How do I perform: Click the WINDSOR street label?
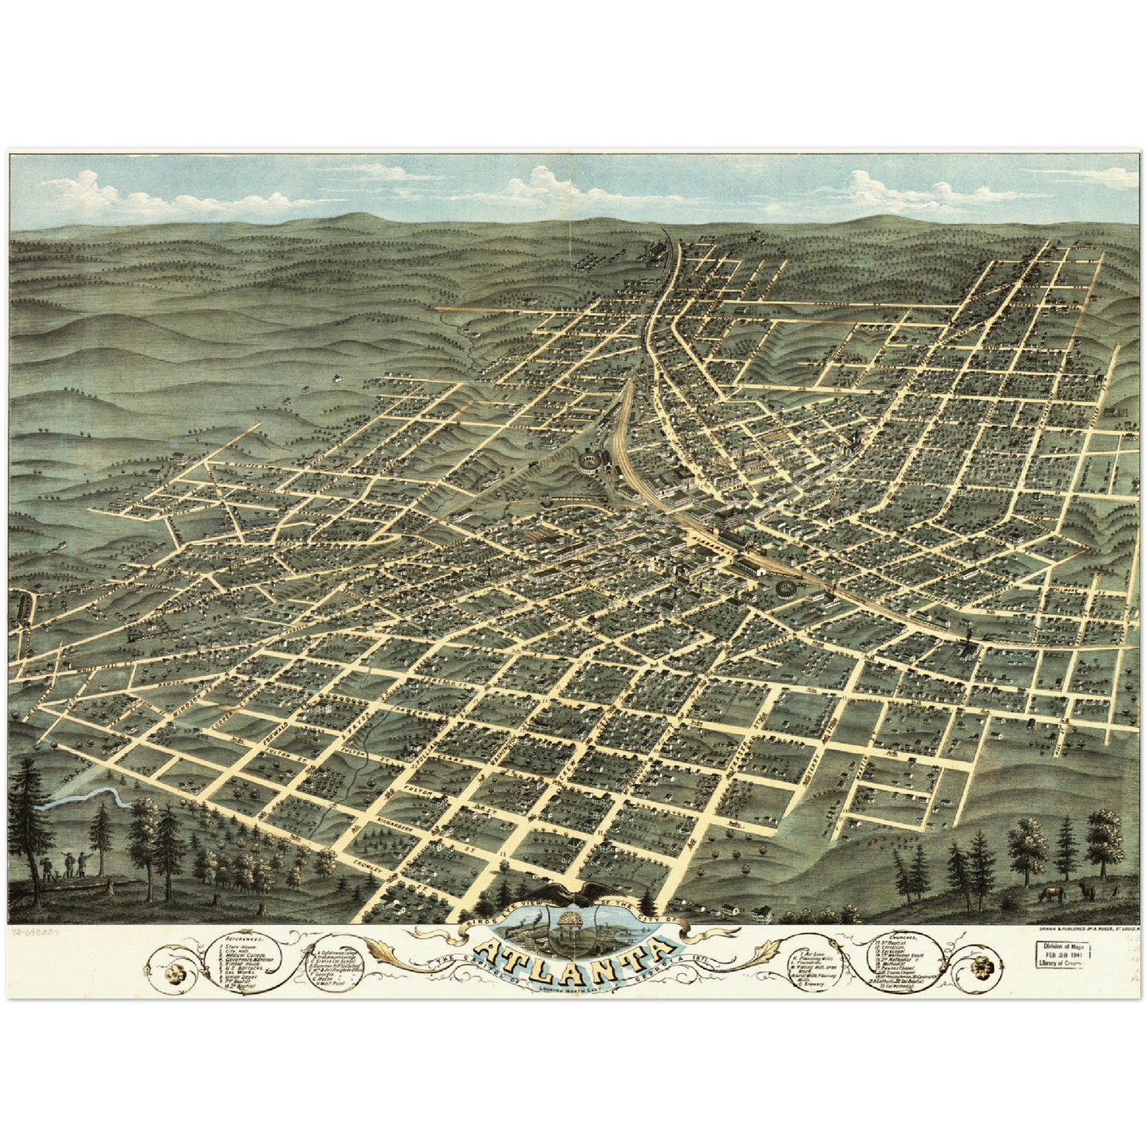pos(187,698)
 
